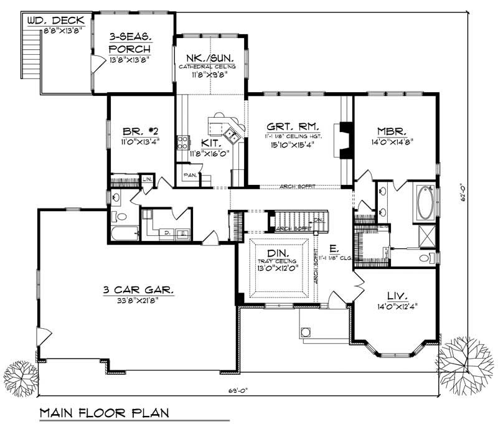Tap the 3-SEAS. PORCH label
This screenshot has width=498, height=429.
tap(133, 43)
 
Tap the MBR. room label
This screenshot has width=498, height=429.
tap(393, 131)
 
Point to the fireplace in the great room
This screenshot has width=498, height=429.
tap(344, 138)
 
